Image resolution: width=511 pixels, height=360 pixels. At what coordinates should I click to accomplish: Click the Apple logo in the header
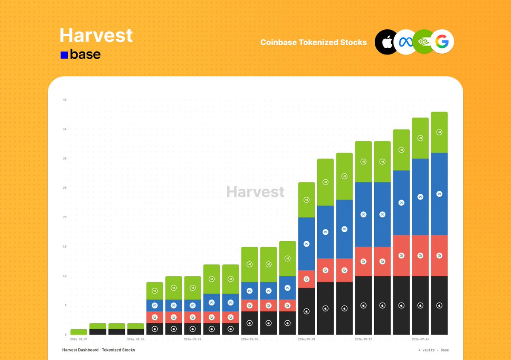tap(386, 42)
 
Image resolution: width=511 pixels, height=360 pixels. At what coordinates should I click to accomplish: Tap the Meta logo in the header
tap(405, 42)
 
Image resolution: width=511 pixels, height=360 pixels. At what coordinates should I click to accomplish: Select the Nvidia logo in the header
tap(423, 42)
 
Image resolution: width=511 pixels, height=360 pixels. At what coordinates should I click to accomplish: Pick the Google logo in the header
tap(442, 42)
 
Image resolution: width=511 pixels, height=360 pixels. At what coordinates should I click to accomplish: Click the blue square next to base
tap(64, 55)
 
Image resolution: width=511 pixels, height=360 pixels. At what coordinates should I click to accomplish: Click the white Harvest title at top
tap(96, 35)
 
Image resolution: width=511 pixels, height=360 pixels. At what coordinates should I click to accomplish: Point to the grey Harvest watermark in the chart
tap(255, 192)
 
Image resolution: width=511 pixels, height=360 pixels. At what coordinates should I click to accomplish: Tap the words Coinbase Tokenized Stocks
tap(313, 42)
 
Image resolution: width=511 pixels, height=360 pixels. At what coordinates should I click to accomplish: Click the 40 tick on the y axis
tap(65, 100)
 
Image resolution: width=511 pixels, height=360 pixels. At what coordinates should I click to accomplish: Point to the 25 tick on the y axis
tap(65, 188)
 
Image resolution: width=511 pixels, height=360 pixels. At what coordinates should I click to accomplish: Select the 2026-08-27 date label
tap(79, 339)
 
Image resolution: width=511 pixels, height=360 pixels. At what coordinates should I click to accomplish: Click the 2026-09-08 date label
tap(306, 339)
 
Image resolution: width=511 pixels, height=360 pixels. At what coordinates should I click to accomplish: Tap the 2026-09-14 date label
tap(420, 339)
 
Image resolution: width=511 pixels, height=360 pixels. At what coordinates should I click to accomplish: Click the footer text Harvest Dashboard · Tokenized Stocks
tap(98, 350)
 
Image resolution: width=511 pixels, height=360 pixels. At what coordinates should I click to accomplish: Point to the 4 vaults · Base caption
tap(433, 350)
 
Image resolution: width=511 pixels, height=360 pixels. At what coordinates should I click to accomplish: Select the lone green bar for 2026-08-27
tap(79, 332)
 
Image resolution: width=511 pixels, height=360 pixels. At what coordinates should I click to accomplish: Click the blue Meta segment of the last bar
tap(439, 194)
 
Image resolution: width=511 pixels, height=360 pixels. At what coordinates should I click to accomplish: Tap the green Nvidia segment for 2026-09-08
tap(306, 200)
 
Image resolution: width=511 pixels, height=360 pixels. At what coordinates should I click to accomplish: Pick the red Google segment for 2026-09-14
tap(420, 256)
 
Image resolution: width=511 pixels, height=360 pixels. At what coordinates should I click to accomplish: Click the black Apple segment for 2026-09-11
tap(363, 305)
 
